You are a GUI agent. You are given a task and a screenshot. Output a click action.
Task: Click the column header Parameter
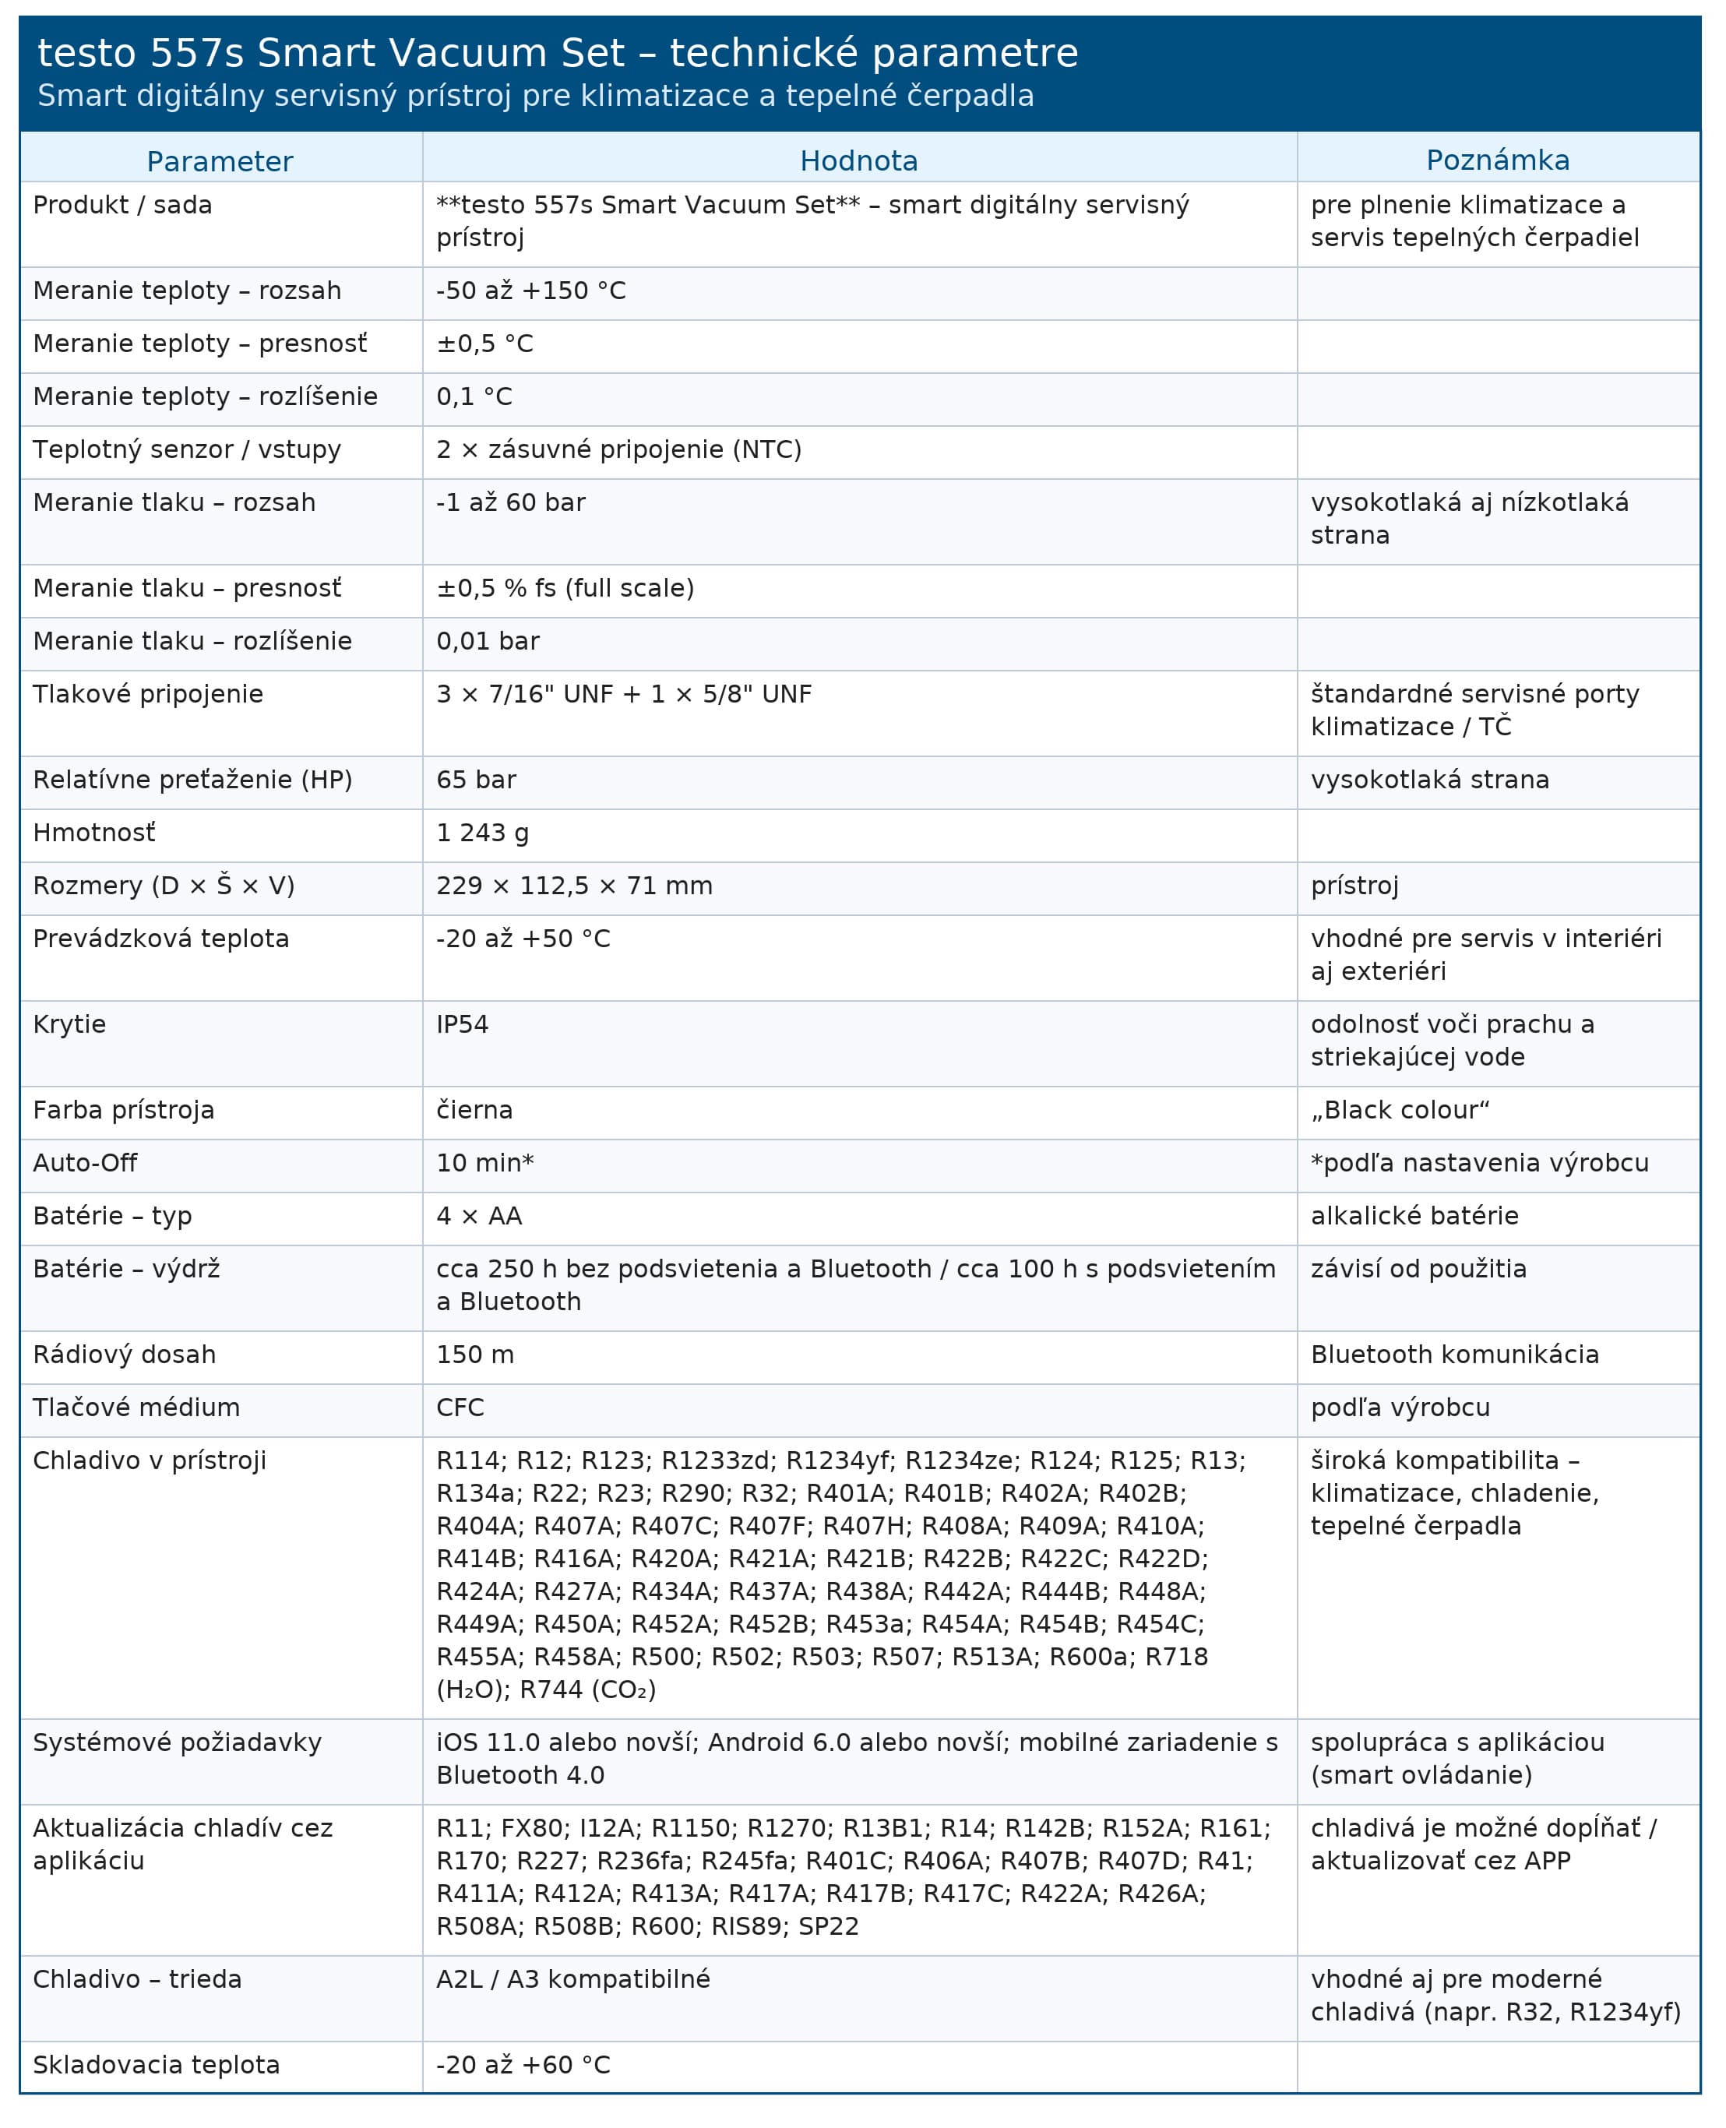click(220, 161)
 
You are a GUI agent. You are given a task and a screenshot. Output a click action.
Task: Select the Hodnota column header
click(859, 161)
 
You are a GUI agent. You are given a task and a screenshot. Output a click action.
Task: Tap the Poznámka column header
click(1497, 161)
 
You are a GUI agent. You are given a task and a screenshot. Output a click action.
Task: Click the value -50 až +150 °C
click(531, 291)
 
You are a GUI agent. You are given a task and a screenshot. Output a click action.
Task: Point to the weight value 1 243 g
click(482, 833)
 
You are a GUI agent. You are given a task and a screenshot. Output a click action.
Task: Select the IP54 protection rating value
click(463, 1024)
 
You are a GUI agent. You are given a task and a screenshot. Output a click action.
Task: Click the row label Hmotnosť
click(94, 833)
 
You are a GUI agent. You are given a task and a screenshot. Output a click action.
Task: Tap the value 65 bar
click(476, 780)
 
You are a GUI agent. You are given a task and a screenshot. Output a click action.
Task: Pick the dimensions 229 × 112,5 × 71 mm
click(575, 885)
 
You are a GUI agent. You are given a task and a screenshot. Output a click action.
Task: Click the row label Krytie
click(69, 1024)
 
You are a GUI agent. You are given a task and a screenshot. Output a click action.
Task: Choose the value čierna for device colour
click(474, 1110)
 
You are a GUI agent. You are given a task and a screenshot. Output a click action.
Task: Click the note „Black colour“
click(1400, 1110)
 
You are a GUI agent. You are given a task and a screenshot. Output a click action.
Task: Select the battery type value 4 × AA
click(479, 1215)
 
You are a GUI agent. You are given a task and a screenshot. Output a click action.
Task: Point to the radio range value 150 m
click(475, 1355)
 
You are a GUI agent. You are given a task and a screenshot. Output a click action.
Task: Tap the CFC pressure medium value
click(460, 1407)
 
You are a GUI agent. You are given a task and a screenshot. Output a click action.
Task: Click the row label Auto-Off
click(86, 1162)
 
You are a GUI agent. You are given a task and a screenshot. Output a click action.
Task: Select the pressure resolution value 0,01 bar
click(488, 640)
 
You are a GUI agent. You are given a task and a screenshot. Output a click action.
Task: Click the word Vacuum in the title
click(442, 53)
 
